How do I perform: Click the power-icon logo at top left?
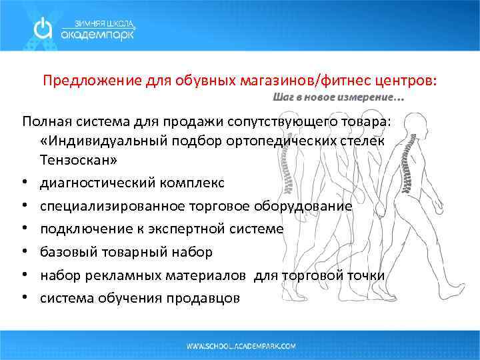point(43,29)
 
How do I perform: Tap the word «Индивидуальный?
point(96,143)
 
